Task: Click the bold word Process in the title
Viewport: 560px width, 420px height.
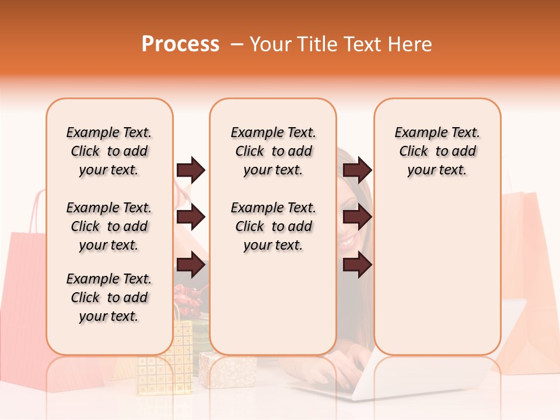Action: pos(180,44)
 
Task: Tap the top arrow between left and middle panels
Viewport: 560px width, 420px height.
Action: pos(191,170)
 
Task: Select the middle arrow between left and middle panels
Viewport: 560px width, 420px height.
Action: pos(191,218)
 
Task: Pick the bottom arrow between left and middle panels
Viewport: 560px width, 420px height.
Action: pos(191,265)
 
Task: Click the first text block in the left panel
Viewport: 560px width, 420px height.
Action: pos(109,151)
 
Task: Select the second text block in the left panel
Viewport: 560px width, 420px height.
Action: pos(109,226)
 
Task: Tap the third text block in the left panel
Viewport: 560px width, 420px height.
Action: pos(109,297)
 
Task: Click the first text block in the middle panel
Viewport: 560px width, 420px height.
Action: pos(274,151)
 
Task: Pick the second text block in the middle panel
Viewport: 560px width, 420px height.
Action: pos(274,226)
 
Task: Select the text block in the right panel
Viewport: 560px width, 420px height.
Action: pos(437,151)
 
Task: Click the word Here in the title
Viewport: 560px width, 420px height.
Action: pos(410,44)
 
